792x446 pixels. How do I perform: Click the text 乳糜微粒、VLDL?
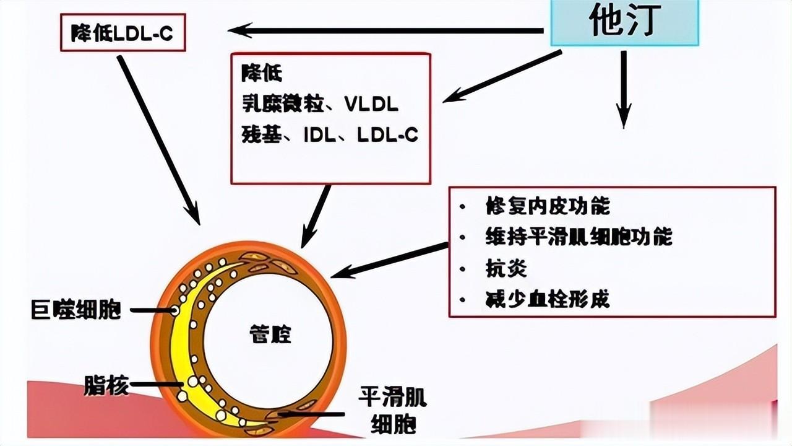tap(320, 105)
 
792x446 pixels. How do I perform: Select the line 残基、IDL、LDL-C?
tap(330, 135)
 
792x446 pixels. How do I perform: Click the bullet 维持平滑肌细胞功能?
tap(579, 237)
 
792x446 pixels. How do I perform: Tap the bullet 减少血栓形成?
tap(548, 299)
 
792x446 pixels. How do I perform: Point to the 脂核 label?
tap(106, 386)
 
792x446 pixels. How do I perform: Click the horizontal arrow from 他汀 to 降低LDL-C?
tap(384, 30)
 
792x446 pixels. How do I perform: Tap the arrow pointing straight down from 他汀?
tap(623, 90)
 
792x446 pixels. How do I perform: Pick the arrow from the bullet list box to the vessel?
tap(390, 261)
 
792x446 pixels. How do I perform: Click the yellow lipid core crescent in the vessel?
tap(186, 347)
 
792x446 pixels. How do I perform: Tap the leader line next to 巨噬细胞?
tap(152, 310)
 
